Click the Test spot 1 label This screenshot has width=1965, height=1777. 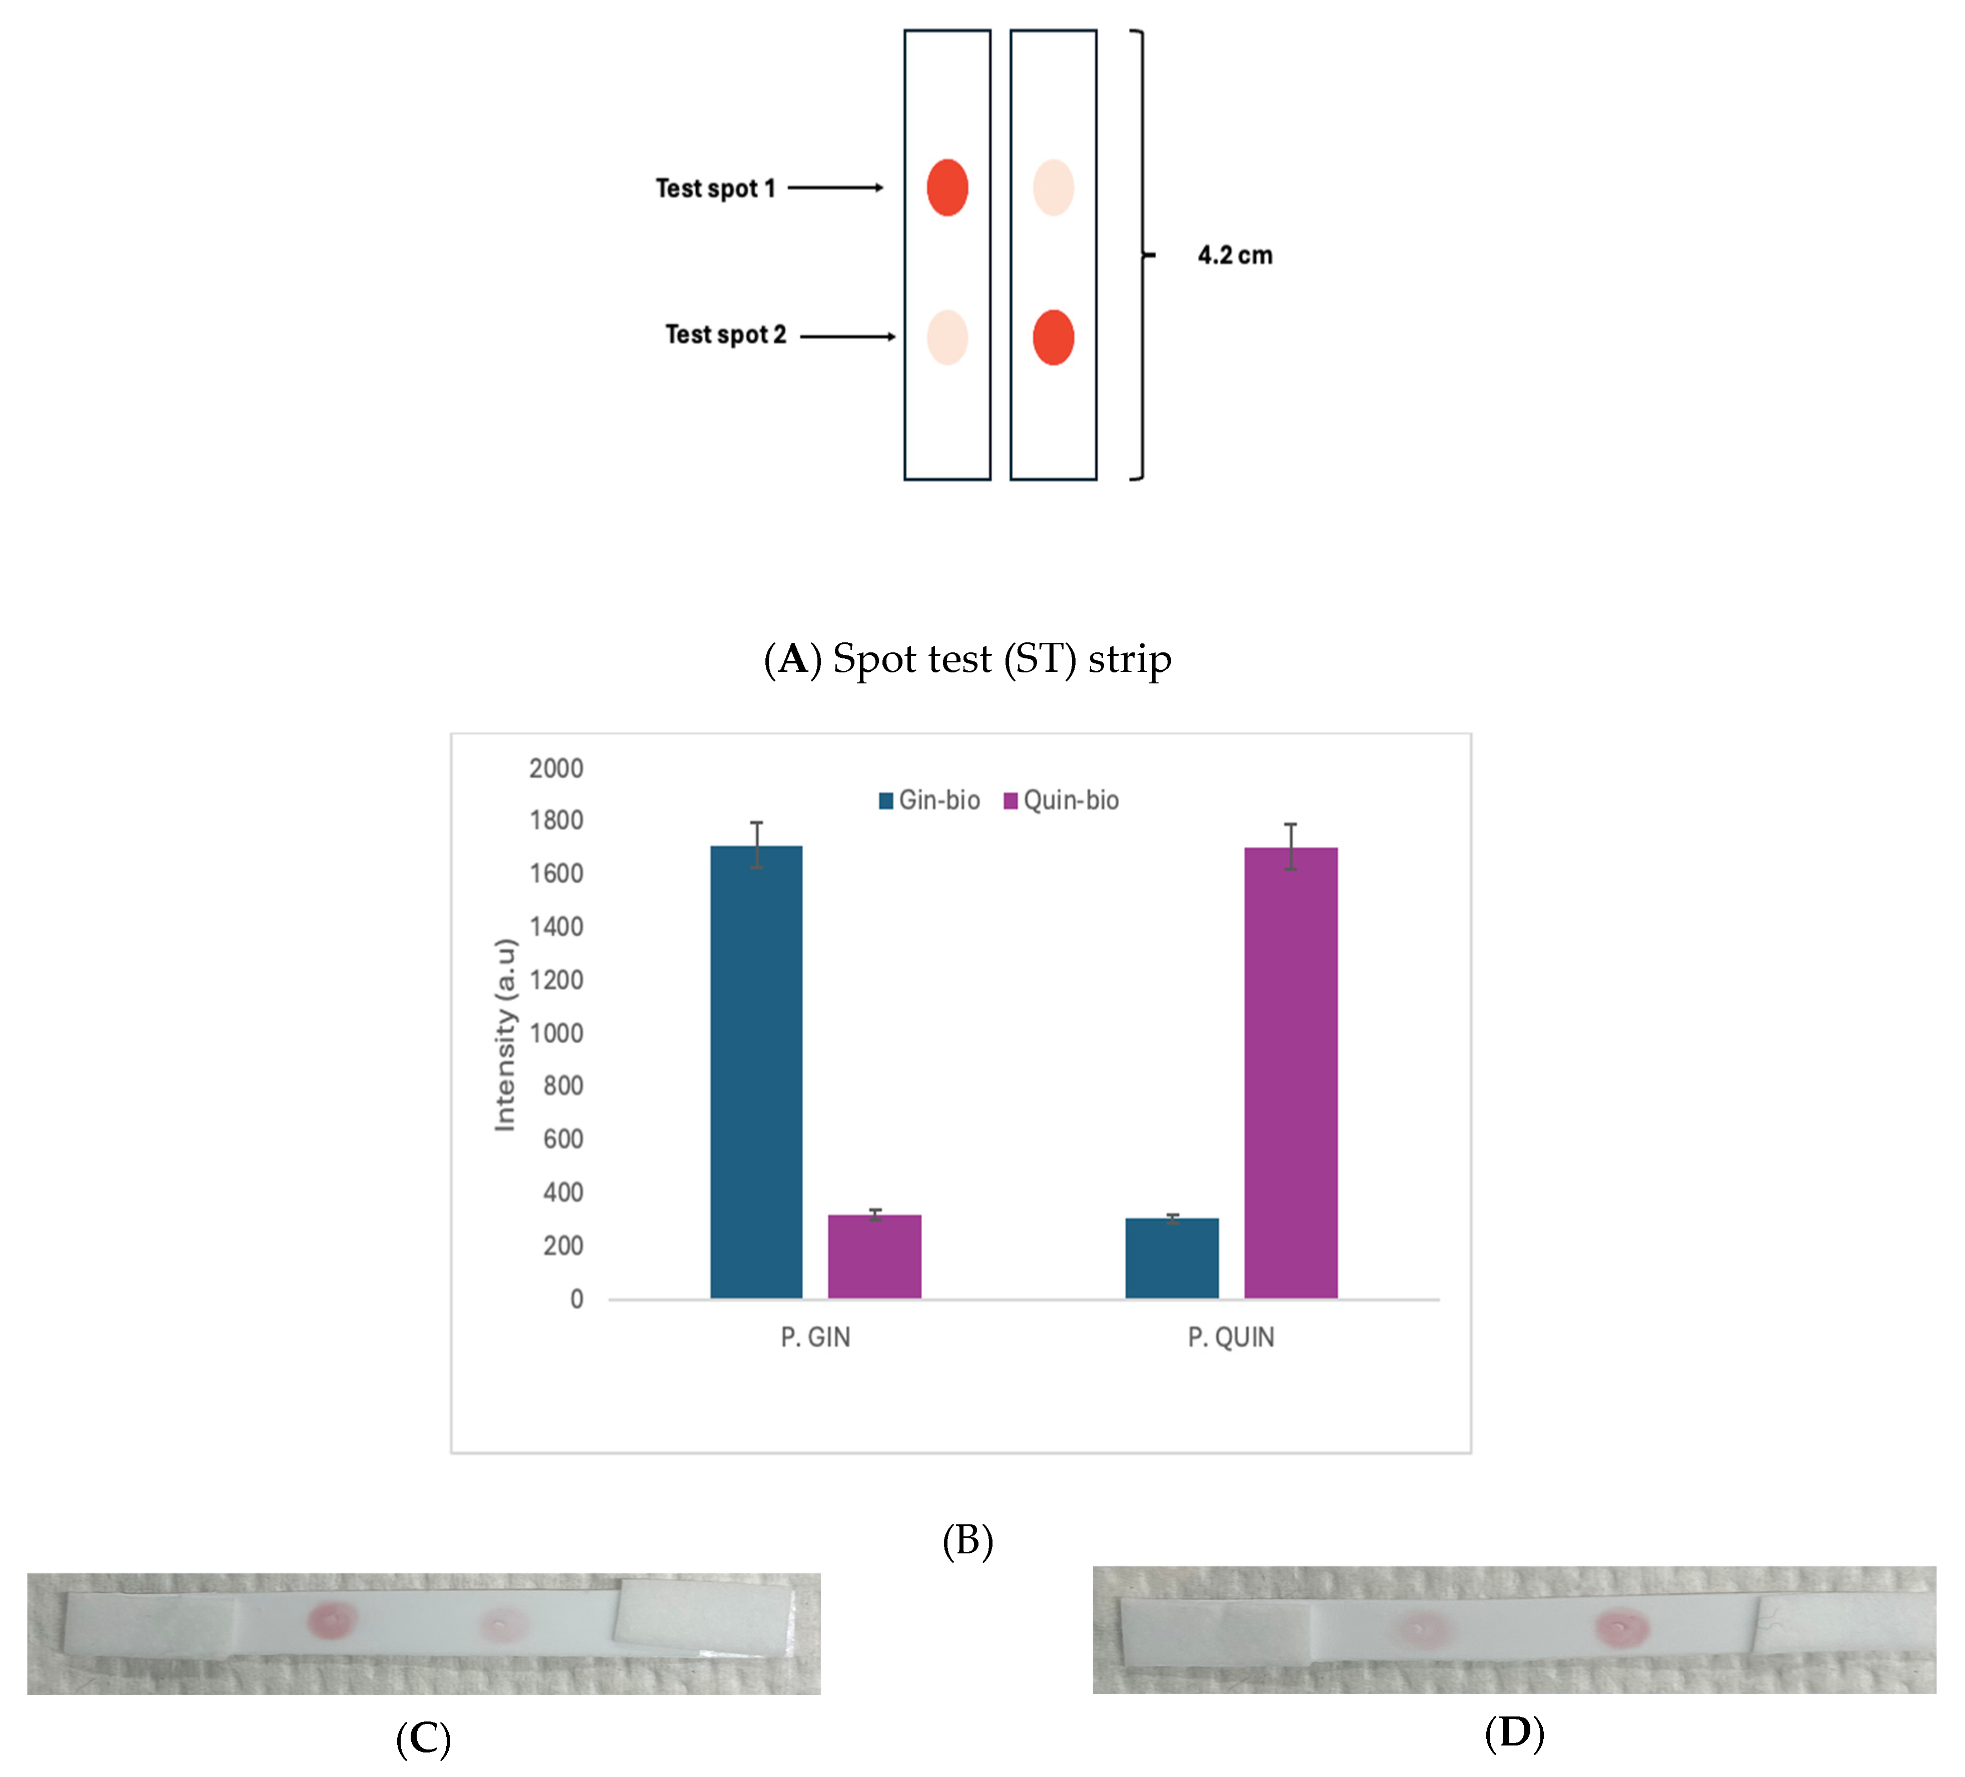coord(714,188)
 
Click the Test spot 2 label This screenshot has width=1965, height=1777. coord(725,334)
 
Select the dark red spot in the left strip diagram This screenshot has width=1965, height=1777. coord(946,187)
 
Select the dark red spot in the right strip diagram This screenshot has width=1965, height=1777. coord(1053,337)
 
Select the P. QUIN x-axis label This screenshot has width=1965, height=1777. coord(1230,1336)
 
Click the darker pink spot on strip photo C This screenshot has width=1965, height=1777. coord(331,1619)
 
